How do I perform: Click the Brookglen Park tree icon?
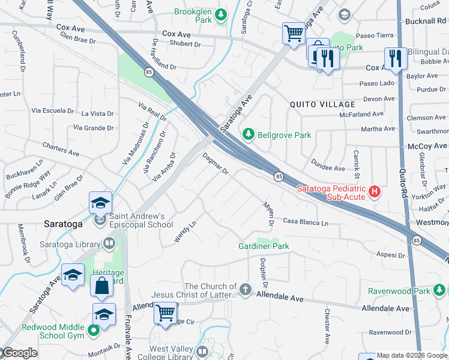tap(221, 13)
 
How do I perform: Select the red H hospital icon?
tap(375, 192)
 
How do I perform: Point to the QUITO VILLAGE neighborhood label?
tap(319, 104)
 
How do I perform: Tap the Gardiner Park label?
tap(264, 246)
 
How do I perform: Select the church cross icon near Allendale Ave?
tap(245, 290)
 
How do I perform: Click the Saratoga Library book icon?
tap(109, 243)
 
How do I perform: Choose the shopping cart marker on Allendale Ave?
tap(165, 313)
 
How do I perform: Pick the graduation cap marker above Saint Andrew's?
tap(101, 202)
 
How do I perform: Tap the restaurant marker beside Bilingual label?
tap(395, 58)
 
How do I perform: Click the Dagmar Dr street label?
tap(215, 164)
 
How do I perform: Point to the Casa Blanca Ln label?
tap(306, 222)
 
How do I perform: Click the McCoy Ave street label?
tap(427, 146)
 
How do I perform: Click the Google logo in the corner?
tap(19, 353)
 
